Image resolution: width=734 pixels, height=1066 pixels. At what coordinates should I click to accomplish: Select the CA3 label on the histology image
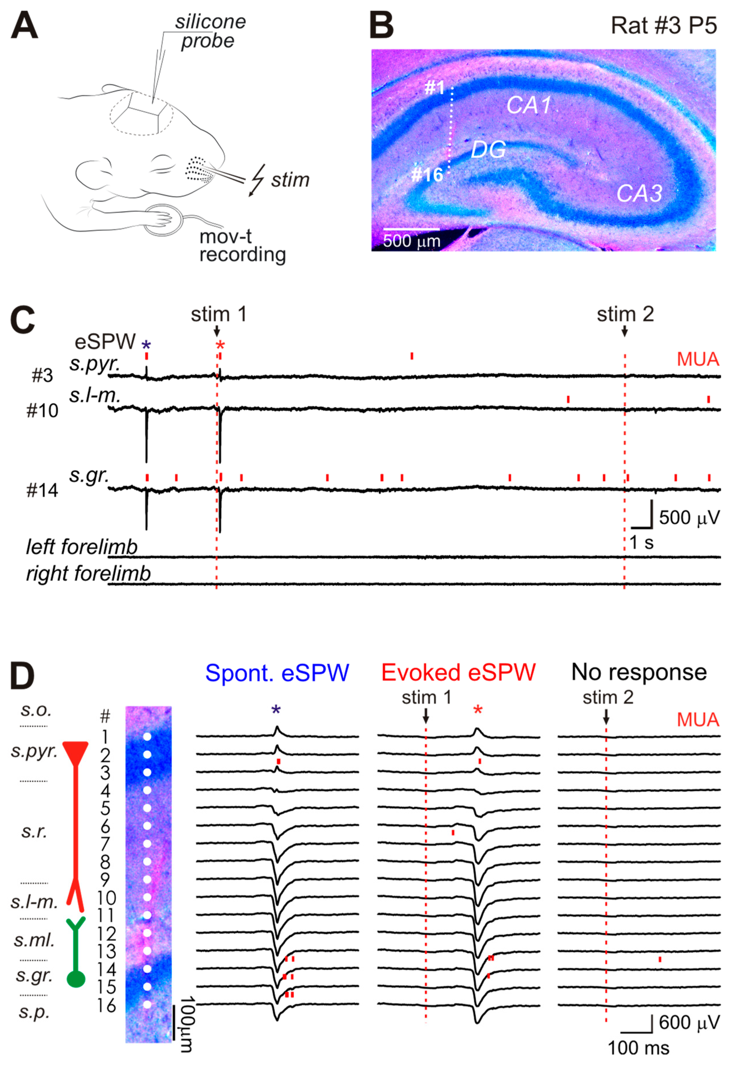tap(639, 194)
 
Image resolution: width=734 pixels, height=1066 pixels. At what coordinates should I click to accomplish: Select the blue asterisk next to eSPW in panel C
tap(146, 345)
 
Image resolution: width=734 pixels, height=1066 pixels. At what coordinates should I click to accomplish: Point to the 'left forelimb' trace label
tap(81, 547)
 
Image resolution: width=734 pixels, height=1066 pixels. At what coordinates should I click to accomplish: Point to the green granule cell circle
tap(76, 979)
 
